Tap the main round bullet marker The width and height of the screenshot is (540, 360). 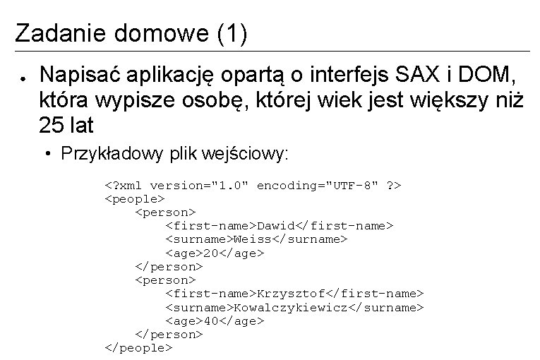pos(23,74)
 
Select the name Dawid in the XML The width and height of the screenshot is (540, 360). pos(275,226)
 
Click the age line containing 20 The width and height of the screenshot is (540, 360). pos(214,253)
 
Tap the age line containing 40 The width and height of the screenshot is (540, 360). pos(214,320)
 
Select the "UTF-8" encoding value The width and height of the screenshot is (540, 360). pos(350,185)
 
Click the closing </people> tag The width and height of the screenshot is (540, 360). pos(138,347)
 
